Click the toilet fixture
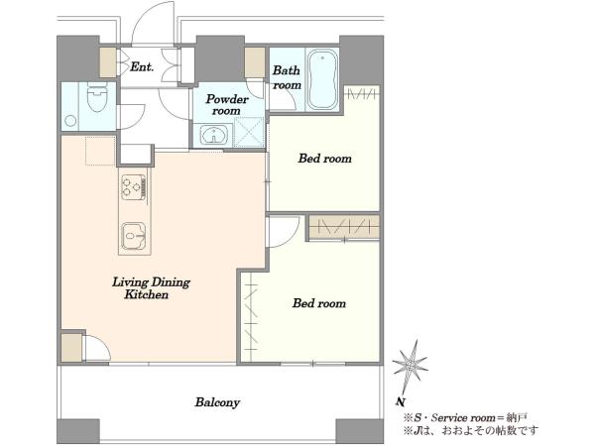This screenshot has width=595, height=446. pyautogui.click(x=97, y=96)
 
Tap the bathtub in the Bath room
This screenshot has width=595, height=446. pyautogui.click(x=322, y=79)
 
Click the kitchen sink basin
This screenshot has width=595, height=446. pyautogui.click(x=134, y=236)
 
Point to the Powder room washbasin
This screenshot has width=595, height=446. pyautogui.click(x=213, y=135)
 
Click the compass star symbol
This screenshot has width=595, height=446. pyautogui.click(x=410, y=365)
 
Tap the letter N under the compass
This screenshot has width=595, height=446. pyautogui.click(x=399, y=401)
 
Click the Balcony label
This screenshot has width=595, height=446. pyautogui.click(x=217, y=402)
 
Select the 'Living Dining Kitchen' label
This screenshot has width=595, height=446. pyautogui.click(x=151, y=288)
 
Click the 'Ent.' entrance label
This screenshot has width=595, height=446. pyautogui.click(x=142, y=67)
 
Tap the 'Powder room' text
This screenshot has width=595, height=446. pyautogui.click(x=227, y=105)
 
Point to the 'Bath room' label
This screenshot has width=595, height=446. pyautogui.click(x=287, y=77)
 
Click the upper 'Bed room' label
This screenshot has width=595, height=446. pyautogui.click(x=325, y=159)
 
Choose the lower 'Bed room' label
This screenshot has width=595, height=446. pyautogui.click(x=319, y=303)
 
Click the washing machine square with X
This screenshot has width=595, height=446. pyautogui.click(x=249, y=132)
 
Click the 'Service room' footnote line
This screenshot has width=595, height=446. pyautogui.click(x=466, y=418)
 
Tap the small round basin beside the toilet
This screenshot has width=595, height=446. pyautogui.click(x=70, y=121)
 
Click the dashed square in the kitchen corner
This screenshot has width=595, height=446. pyautogui.click(x=100, y=151)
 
